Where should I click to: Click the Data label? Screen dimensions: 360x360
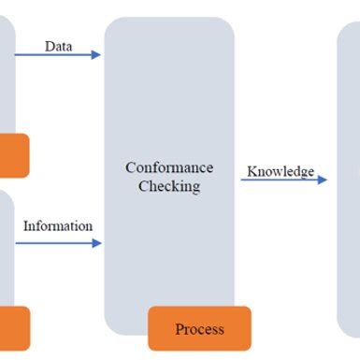pos(58,46)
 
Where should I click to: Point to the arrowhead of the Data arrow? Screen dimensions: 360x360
pos(96,55)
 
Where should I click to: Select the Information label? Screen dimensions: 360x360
pos(58,226)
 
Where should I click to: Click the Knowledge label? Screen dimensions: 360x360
pos(280,172)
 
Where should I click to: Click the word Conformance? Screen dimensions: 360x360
pos(169,168)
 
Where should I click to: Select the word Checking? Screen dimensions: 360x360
pos(169,186)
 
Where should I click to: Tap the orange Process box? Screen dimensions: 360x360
pos(199,328)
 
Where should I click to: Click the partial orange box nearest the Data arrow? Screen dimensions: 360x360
pos(13,155)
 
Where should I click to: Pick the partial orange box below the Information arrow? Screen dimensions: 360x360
pos(14,327)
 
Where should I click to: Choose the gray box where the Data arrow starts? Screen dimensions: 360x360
pos(7,75)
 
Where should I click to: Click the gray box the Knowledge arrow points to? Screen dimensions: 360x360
pos(348,178)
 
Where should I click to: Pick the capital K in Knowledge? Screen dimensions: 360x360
pos(251,172)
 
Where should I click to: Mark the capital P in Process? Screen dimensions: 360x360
pos(180,329)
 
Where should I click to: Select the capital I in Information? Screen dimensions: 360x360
pos(26,226)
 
